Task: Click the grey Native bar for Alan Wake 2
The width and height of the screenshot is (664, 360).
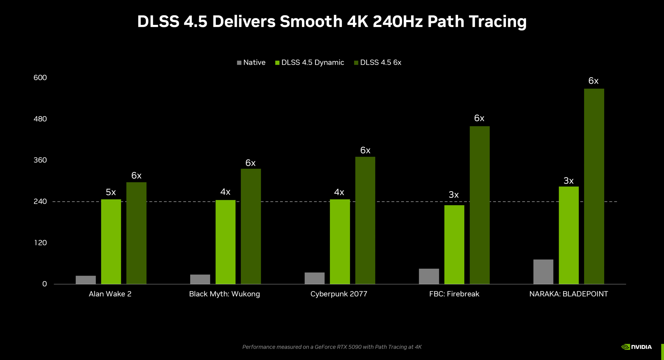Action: (85, 280)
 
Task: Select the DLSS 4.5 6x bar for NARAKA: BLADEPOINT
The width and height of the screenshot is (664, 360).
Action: (594, 187)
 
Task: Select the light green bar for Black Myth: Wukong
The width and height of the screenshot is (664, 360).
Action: (225, 242)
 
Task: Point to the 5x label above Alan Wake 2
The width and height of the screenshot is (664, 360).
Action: (111, 192)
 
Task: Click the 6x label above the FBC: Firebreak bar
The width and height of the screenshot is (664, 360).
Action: (479, 118)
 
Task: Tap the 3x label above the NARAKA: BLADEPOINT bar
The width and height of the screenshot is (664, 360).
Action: (568, 181)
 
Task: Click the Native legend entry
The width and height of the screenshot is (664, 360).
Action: (251, 63)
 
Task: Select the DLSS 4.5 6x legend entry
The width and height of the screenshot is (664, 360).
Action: (378, 63)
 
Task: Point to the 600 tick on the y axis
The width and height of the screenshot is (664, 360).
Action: (40, 78)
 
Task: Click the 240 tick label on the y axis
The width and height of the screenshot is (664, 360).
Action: (40, 202)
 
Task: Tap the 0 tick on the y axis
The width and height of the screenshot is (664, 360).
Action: (44, 284)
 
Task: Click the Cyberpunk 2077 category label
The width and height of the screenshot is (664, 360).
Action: (339, 294)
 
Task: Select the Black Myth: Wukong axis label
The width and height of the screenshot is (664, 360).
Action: (224, 294)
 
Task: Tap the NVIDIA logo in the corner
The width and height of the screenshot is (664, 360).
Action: (636, 347)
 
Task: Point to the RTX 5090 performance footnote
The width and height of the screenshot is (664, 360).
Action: (332, 347)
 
